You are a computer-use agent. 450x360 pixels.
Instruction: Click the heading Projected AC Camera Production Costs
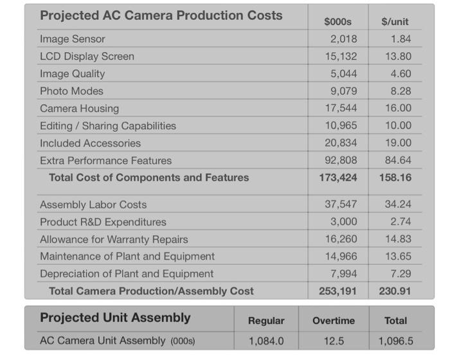point(161,15)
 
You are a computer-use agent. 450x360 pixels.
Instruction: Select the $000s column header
point(337,22)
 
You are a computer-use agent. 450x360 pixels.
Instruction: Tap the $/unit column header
point(395,22)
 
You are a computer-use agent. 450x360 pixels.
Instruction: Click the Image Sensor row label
point(72,39)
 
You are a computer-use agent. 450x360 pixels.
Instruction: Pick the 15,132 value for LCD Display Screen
point(341,57)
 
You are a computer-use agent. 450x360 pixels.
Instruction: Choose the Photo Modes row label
point(71,91)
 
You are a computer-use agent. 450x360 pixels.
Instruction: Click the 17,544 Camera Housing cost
point(341,109)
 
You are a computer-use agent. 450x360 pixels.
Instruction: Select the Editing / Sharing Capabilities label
point(107,126)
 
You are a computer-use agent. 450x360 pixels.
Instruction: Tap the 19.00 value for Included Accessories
point(398,143)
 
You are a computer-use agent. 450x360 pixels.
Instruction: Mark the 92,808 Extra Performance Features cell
point(341,160)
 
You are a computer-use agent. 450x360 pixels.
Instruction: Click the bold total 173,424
point(338,177)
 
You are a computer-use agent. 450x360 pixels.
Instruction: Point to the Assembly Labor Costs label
point(93,205)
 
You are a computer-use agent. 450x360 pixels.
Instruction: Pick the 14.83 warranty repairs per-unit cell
point(398,239)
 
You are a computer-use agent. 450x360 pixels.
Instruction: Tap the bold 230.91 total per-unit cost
point(395,291)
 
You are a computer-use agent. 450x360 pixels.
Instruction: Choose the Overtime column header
point(334,320)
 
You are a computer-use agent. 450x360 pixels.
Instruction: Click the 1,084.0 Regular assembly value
point(266,340)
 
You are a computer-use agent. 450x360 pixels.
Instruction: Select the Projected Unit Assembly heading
point(115,318)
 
